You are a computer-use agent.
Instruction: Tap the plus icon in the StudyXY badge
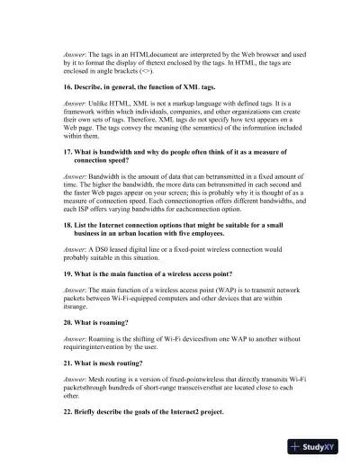coord(298,446)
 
